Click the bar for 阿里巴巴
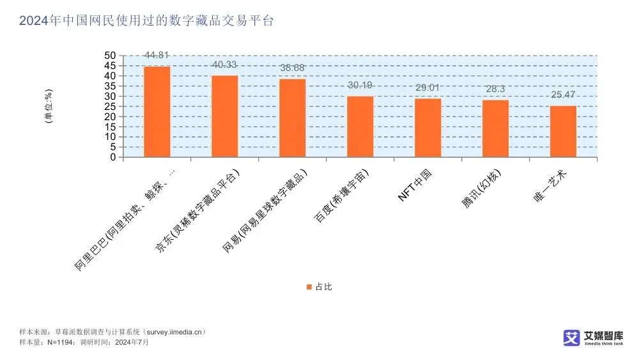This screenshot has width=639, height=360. (157, 112)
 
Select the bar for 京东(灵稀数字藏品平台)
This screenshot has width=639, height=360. (224, 116)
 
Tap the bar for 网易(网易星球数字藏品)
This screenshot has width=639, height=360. (292, 118)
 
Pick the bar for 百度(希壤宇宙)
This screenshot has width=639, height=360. (360, 127)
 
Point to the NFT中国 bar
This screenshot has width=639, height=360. (427, 128)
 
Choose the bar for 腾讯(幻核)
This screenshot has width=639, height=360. (495, 129)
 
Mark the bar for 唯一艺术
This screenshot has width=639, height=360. (563, 131)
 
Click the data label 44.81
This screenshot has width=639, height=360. (157, 56)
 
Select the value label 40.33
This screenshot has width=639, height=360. (224, 65)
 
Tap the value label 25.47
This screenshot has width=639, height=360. (563, 95)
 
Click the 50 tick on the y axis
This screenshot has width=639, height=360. (111, 56)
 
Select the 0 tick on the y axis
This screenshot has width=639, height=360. (113, 157)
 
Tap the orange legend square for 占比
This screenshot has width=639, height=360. (309, 287)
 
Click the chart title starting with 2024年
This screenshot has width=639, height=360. (146, 21)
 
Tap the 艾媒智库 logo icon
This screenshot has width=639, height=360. (571, 337)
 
